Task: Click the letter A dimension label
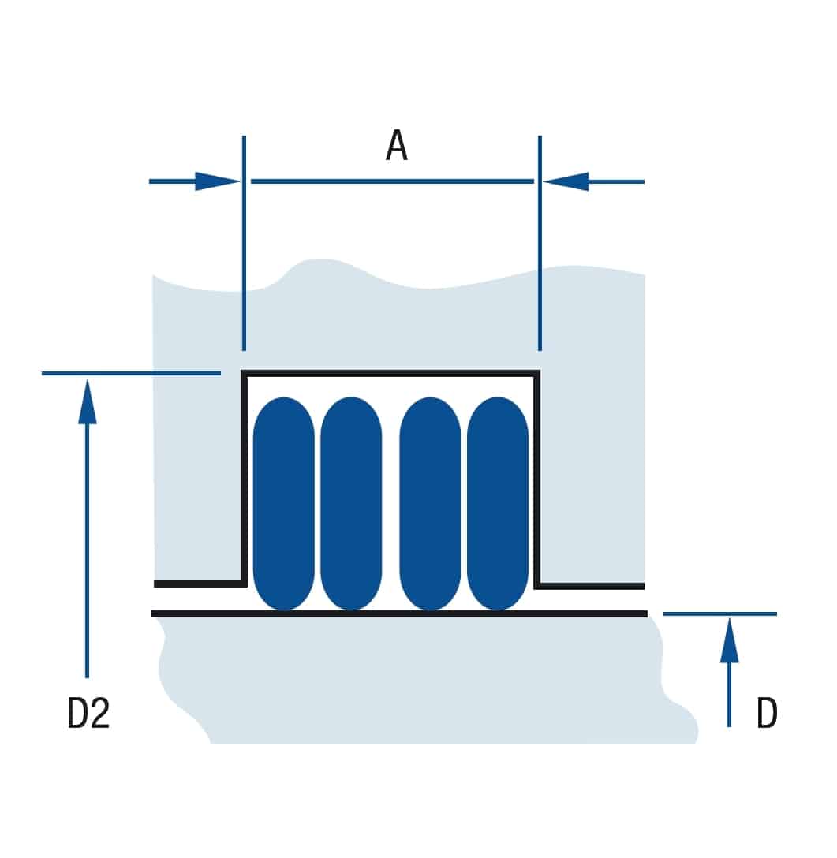pyautogui.click(x=397, y=146)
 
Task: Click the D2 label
pyautogui.click(x=88, y=712)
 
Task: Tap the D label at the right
pyautogui.click(x=766, y=712)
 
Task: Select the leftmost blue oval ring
pyautogui.click(x=283, y=503)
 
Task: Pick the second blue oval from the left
pyautogui.click(x=351, y=503)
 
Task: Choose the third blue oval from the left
pyautogui.click(x=430, y=503)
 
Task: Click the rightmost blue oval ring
pyautogui.click(x=498, y=503)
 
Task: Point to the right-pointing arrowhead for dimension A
pyautogui.click(x=217, y=181)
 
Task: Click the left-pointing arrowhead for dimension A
pyautogui.click(x=566, y=181)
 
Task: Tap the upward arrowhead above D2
pyautogui.click(x=87, y=401)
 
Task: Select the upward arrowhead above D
pyautogui.click(x=729, y=640)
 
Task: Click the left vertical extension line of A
pyautogui.click(x=244, y=243)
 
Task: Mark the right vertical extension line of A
pyautogui.click(x=540, y=243)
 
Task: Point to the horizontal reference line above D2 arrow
pyautogui.click(x=132, y=373)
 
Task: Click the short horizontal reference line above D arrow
pyautogui.click(x=719, y=614)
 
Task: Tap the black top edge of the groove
pyautogui.click(x=390, y=373)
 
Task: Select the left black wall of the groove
pyautogui.click(x=244, y=479)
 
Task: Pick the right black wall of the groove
pyautogui.click(x=537, y=479)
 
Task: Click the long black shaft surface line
pyautogui.click(x=400, y=614)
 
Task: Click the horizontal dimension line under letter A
pyautogui.click(x=393, y=181)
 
